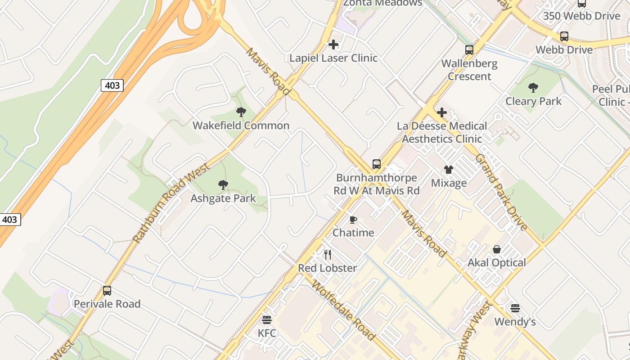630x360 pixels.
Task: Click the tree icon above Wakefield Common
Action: pyautogui.click(x=241, y=112)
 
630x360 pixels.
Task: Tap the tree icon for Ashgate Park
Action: pyautogui.click(x=223, y=184)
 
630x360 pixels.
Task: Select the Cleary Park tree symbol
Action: pyautogui.click(x=533, y=87)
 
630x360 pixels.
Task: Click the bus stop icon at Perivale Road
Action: pyautogui.click(x=107, y=290)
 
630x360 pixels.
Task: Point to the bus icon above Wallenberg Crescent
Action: pyautogui.click(x=469, y=49)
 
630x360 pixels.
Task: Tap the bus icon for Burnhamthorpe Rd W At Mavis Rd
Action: pyautogui.click(x=377, y=164)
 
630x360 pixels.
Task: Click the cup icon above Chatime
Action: pyautogui.click(x=353, y=220)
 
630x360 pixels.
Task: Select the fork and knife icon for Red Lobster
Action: pyautogui.click(x=328, y=255)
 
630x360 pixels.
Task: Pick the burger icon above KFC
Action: pyautogui.click(x=267, y=320)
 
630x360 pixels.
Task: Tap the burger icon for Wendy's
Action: pyautogui.click(x=515, y=308)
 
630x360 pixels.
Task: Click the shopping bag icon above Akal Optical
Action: pyautogui.click(x=497, y=249)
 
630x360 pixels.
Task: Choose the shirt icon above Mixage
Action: pyautogui.click(x=449, y=169)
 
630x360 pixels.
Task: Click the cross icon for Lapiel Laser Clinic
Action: pyautogui.click(x=333, y=44)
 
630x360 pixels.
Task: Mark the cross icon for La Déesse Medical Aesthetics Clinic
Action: pyautogui.click(x=442, y=112)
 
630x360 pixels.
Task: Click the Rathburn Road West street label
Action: pyautogui.click(x=171, y=203)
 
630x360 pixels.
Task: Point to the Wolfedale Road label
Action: pyautogui.click(x=343, y=310)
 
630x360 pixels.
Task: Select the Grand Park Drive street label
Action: pyautogui.click(x=501, y=192)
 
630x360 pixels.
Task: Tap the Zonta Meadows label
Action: pyautogui.click(x=383, y=3)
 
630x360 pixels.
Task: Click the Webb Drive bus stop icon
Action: pyautogui.click(x=564, y=36)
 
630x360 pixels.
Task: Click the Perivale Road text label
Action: pyautogui.click(x=107, y=304)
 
